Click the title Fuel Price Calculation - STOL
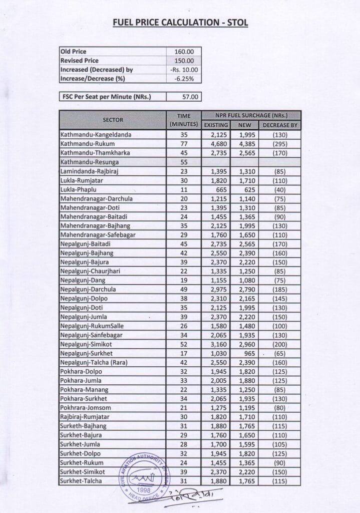(x=180, y=23)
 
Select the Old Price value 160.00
(x=184, y=52)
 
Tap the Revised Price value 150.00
(x=184, y=61)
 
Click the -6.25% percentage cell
(x=184, y=79)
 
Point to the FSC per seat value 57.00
(x=184, y=97)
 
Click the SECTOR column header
(x=113, y=120)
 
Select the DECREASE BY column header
(x=280, y=125)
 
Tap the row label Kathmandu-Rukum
(x=84, y=144)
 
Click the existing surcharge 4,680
(x=216, y=144)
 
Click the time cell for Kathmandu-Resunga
(x=184, y=162)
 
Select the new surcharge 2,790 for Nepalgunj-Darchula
(x=244, y=290)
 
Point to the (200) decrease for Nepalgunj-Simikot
(x=280, y=344)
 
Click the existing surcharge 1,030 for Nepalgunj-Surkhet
(x=216, y=353)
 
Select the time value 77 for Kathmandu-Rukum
(x=184, y=144)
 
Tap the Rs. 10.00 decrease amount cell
(x=184, y=70)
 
